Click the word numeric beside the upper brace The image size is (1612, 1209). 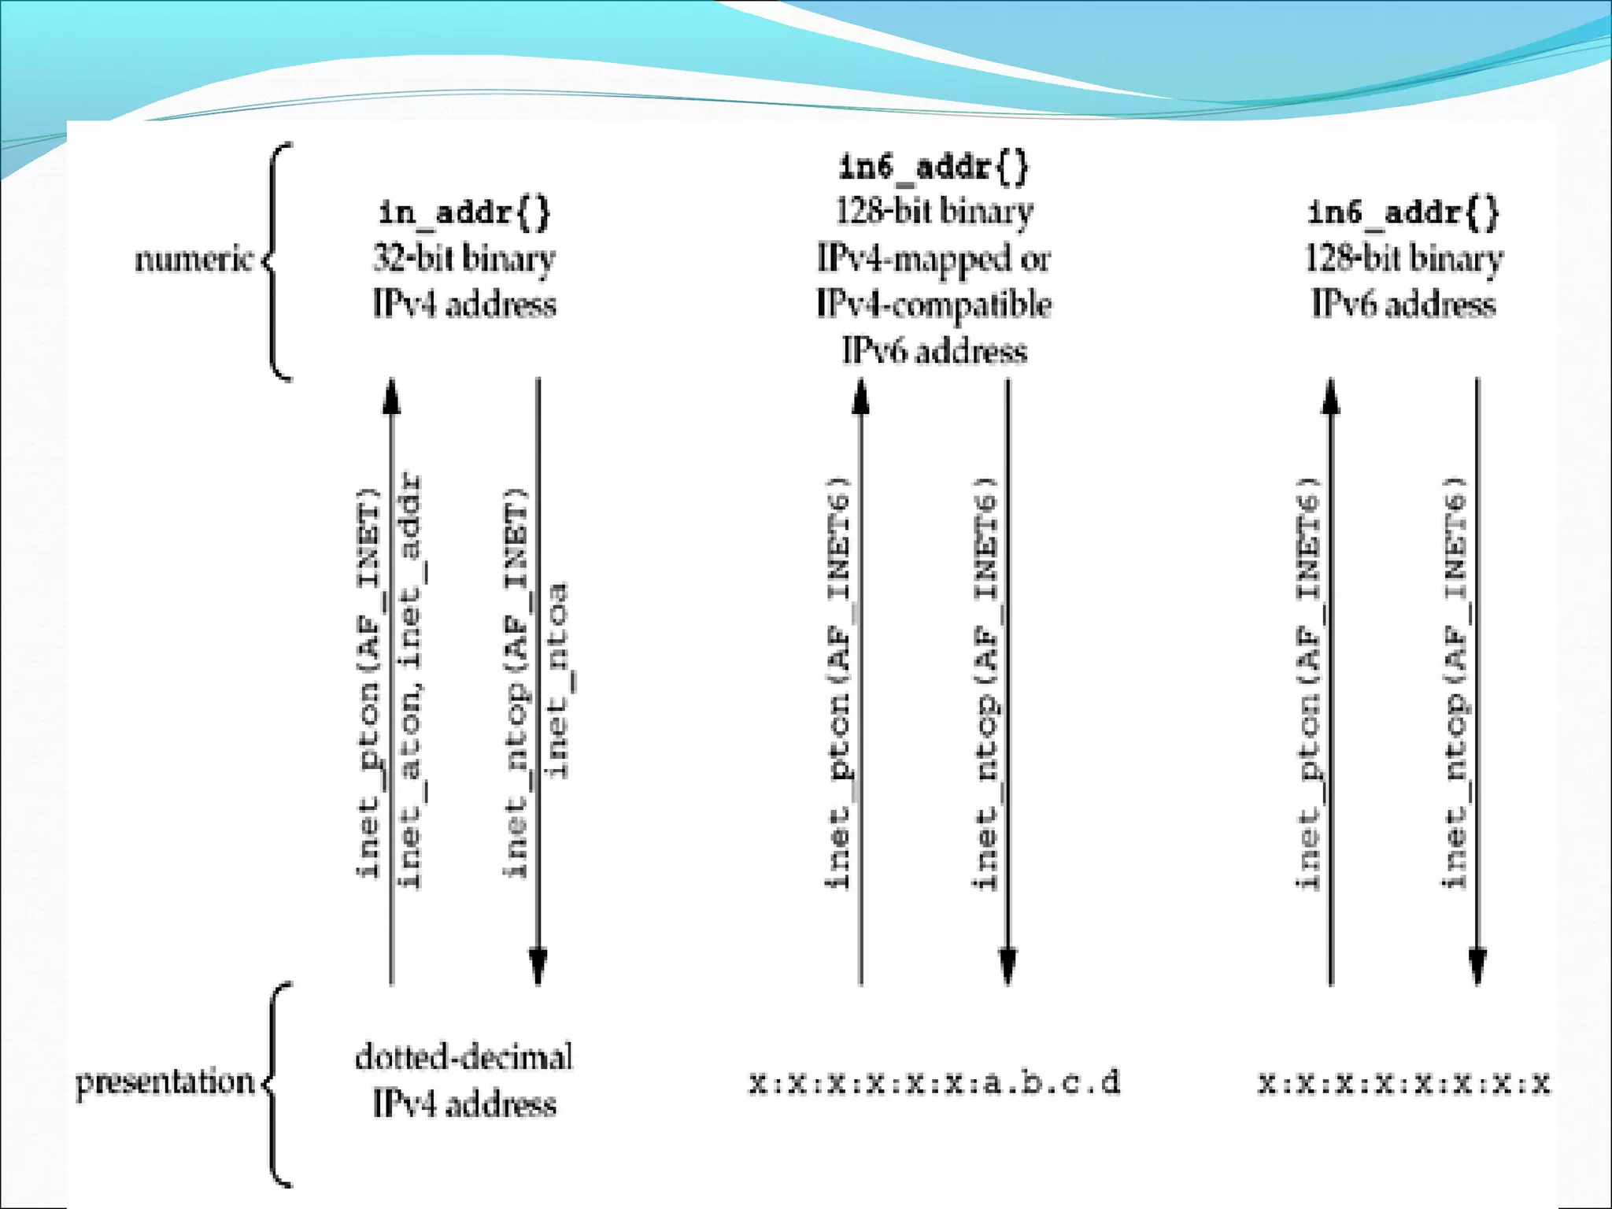(194, 259)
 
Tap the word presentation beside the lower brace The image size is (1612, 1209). (165, 1082)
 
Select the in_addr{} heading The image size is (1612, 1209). (464, 213)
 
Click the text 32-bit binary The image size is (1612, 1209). (464, 258)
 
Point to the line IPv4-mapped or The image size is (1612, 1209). (934, 258)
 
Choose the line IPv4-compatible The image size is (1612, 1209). (934, 305)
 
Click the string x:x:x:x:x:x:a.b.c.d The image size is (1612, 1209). (934, 1083)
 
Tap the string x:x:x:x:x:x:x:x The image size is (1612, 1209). (1403, 1084)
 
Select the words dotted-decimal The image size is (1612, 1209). (464, 1057)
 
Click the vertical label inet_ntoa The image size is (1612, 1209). (557, 681)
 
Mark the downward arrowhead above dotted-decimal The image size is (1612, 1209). (538, 967)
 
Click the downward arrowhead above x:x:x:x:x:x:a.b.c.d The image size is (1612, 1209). (1008, 967)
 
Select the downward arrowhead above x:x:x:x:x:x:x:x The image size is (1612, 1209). (1477, 967)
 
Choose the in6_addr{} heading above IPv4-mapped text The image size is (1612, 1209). (934, 167)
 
